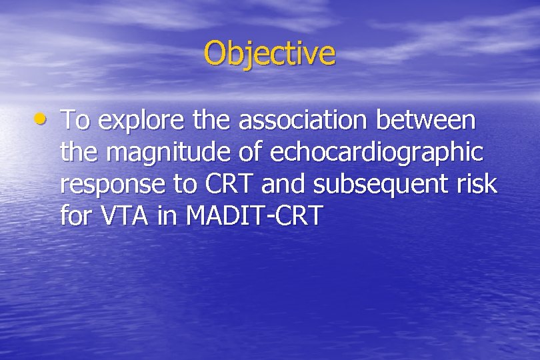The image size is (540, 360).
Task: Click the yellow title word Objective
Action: tap(269, 53)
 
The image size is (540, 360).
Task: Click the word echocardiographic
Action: tap(377, 153)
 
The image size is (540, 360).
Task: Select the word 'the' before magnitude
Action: tap(79, 153)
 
